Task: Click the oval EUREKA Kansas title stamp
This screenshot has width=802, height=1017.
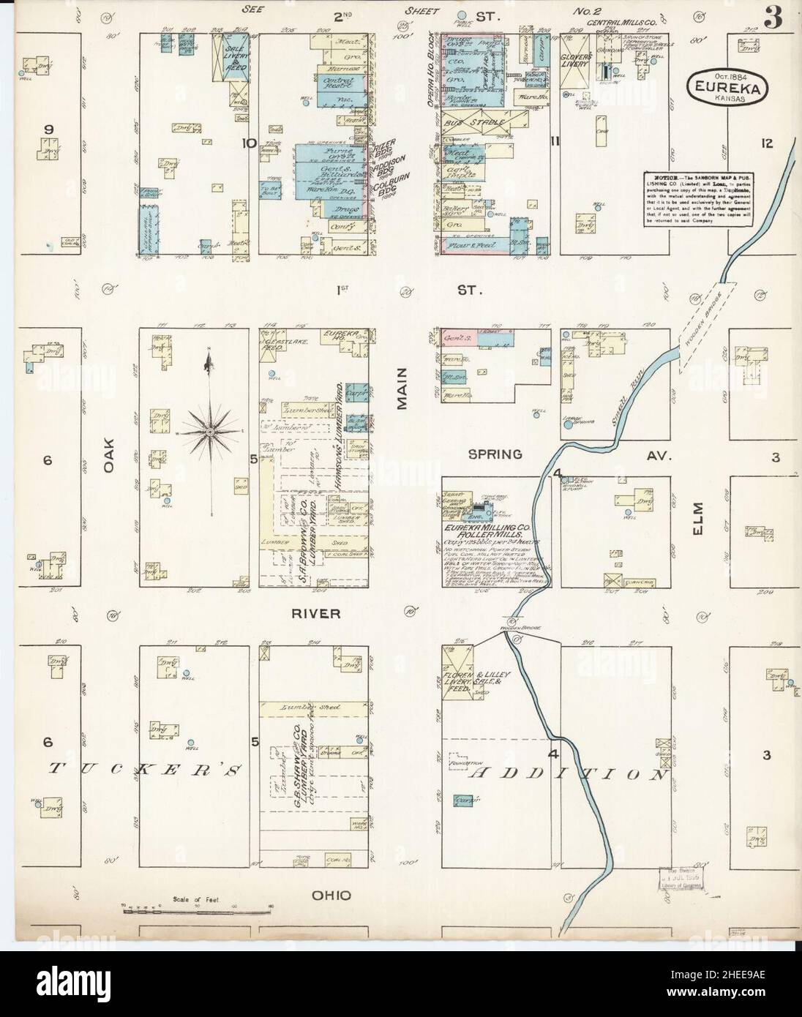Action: (x=722, y=87)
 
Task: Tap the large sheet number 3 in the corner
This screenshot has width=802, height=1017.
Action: (x=773, y=20)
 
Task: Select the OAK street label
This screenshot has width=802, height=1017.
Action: (x=110, y=456)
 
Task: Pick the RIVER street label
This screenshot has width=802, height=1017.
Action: (x=316, y=614)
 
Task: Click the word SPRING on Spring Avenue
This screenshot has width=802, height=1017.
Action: (x=495, y=454)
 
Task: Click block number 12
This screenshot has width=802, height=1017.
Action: (x=766, y=143)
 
